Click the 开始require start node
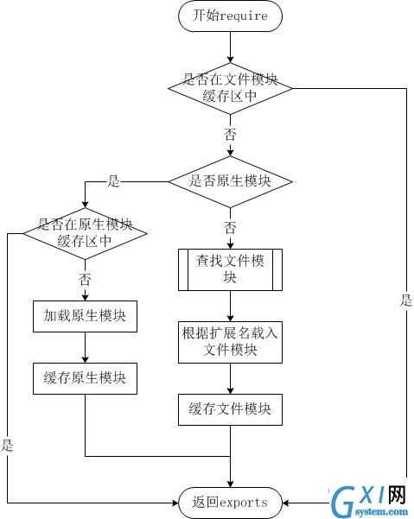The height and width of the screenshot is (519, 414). pos(230,16)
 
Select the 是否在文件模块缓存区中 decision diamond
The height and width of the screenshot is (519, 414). pos(230,88)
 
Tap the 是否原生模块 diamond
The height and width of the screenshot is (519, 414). pos(230,181)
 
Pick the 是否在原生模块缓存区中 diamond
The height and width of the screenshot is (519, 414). pos(85,233)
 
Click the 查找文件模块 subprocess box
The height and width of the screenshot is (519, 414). pos(230,269)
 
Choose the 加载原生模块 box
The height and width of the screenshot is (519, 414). pos(85,316)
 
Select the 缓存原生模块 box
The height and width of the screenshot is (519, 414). pos(85,378)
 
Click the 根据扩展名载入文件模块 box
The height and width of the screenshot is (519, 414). pos(230,342)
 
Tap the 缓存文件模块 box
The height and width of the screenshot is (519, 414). pos(230,410)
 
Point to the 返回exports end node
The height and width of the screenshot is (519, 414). pos(230,503)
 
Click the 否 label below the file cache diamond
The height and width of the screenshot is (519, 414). pos(230,135)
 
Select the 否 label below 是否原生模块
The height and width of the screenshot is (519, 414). pos(230,228)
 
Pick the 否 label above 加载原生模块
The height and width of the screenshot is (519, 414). pos(85,280)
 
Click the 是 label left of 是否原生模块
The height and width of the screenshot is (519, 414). pos(113,181)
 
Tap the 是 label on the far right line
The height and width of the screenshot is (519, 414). pos(406,301)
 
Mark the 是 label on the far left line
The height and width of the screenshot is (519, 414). pos(7,446)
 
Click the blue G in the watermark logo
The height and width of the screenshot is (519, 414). pos(343,503)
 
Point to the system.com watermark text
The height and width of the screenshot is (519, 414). pos(381,512)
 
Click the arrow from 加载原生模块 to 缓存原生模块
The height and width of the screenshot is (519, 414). pos(85,347)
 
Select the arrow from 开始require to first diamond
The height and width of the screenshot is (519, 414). pos(230,47)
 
